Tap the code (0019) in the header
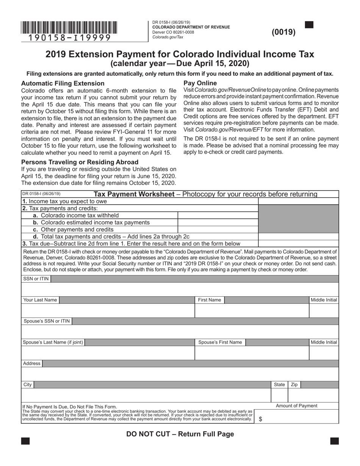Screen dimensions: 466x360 point(283,32)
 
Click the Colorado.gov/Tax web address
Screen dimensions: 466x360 point(167,37)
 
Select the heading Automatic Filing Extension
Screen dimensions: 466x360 point(63,83)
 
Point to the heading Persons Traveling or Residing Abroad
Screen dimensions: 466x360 point(80,162)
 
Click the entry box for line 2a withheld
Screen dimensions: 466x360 point(218,216)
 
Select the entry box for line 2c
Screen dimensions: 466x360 point(218,230)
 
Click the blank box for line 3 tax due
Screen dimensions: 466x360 point(298,244)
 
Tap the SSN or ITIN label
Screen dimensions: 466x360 point(36,279)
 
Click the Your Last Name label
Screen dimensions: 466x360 point(40,300)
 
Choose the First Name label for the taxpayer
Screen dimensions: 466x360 point(209,300)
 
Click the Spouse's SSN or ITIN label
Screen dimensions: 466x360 point(47,321)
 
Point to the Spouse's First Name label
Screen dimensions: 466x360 point(220,342)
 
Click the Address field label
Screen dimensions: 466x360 point(31,364)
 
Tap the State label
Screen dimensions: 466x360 point(279,385)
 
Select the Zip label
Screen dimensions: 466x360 point(294,385)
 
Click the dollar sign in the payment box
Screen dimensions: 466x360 point(260,419)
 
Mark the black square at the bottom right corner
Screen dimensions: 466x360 point(334,441)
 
